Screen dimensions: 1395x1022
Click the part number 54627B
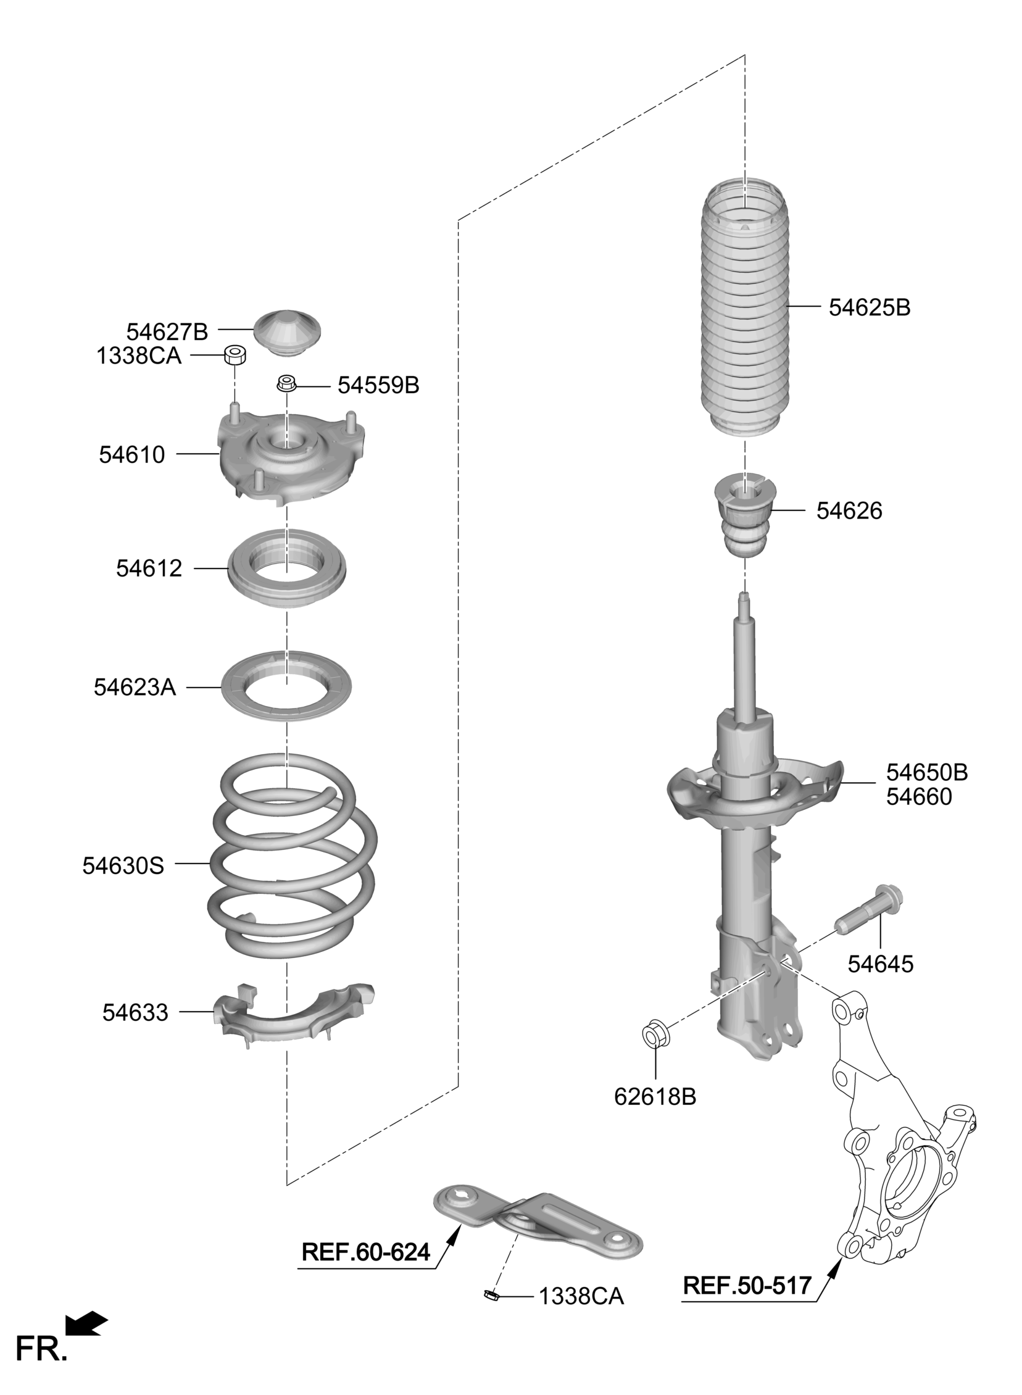167,332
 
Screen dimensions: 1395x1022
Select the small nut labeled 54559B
286,384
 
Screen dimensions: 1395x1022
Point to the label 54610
132,455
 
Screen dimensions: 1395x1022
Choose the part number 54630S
123,865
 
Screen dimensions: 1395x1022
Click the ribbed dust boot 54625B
745,309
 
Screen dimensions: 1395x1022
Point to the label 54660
919,797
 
